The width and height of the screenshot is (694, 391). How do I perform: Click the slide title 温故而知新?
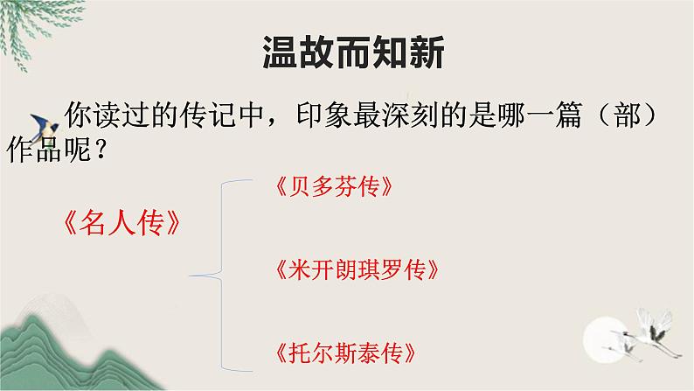pos(354,53)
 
